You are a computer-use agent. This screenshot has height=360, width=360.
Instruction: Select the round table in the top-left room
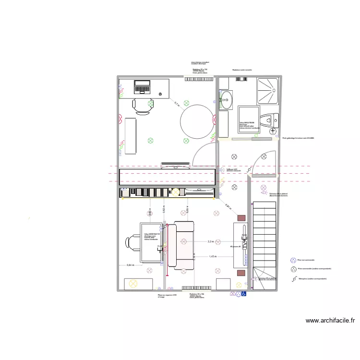point(197,122)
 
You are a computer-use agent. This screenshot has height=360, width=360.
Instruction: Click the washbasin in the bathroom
point(226,101)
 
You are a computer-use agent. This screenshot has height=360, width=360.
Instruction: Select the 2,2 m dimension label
point(210,241)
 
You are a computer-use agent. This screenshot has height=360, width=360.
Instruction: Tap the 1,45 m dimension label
point(213,256)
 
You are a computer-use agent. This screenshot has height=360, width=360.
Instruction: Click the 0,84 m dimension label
point(130,265)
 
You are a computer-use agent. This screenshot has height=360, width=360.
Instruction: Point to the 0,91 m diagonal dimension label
point(228,207)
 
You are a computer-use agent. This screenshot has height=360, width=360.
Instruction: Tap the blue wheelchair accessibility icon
point(243,294)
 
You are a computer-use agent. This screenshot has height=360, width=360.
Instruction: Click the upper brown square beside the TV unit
point(240,217)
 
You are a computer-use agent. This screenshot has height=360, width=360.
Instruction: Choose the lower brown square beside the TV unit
point(240,273)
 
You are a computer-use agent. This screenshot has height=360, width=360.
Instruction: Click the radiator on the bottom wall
point(197,288)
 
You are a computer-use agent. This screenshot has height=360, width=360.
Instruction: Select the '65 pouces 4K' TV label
point(235,247)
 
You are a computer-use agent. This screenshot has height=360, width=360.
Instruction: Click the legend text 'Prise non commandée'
point(306,260)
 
